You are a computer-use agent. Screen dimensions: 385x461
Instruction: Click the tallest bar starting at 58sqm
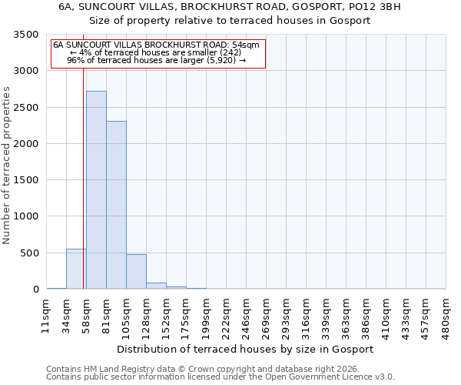(96, 189)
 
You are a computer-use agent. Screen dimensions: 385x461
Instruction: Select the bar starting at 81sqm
(116, 205)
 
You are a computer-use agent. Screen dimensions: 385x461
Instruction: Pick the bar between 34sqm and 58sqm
(76, 269)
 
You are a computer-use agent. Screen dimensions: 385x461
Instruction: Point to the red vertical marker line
(83, 154)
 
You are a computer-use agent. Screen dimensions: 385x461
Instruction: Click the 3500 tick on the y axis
(25, 35)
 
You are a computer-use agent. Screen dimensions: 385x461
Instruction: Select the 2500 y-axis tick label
(25, 108)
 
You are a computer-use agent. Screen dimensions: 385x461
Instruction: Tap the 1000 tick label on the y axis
(25, 216)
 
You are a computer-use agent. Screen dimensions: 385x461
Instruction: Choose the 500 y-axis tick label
(28, 253)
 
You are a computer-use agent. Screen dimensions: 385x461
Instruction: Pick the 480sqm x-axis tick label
(446, 314)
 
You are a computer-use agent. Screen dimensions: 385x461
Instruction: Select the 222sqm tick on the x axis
(226, 314)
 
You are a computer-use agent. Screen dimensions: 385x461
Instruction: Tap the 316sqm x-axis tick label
(306, 314)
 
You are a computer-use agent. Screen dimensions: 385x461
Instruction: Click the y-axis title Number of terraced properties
(7, 165)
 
